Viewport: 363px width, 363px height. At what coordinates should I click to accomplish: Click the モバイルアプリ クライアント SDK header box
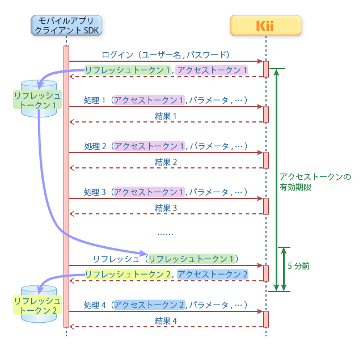pyautogui.click(x=66, y=26)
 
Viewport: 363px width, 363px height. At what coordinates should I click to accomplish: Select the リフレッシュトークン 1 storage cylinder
pyautogui.click(x=38, y=99)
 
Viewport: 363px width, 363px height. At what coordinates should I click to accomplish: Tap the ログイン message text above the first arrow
pyautogui.click(x=166, y=55)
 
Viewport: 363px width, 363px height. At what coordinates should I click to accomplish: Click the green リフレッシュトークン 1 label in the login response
pyautogui.click(x=128, y=70)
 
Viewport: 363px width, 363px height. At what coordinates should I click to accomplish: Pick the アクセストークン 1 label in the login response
pyautogui.click(x=212, y=70)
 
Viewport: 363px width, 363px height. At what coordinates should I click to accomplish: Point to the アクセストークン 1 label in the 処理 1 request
pyautogui.click(x=149, y=100)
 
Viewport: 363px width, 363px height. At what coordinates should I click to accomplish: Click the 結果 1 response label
pyautogui.click(x=166, y=116)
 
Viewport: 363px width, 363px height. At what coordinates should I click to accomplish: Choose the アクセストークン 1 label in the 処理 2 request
pyautogui.click(x=149, y=146)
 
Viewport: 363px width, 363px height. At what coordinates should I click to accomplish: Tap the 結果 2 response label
pyautogui.click(x=166, y=162)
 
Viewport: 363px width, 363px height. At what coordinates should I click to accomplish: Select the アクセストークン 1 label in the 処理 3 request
pyautogui.click(x=149, y=192)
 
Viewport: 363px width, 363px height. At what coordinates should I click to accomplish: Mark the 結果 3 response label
pyautogui.click(x=166, y=208)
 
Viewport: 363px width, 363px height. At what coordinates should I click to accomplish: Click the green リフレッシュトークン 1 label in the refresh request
pyautogui.click(x=191, y=259)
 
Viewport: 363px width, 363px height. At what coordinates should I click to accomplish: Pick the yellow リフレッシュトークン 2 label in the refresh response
pyautogui.click(x=128, y=274)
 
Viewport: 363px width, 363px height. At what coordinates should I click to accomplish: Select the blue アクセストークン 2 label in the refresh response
pyautogui.click(x=212, y=274)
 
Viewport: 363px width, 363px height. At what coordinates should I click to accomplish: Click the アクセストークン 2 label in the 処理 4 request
pyautogui.click(x=149, y=305)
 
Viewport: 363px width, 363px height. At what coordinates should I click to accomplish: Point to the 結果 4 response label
pyautogui.click(x=166, y=320)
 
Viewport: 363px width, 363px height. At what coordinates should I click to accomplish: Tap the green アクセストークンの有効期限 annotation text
pyautogui.click(x=315, y=181)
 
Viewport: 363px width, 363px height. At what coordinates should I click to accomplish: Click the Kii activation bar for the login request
pyautogui.click(x=265, y=69)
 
